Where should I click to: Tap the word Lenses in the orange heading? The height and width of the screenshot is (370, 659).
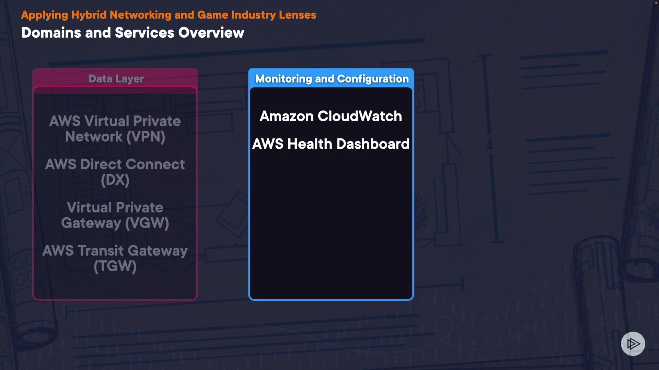coord(297,15)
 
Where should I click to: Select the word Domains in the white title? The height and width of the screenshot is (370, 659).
coord(51,33)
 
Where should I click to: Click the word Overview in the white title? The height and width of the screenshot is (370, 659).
coord(211,33)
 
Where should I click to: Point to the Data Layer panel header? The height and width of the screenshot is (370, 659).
coord(116,79)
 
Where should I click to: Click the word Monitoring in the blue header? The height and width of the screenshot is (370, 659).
coord(283,79)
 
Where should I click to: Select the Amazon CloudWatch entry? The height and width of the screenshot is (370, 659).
coord(331,116)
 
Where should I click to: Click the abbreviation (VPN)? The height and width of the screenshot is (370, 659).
coord(146,137)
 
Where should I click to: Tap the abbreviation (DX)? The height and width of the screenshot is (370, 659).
coord(115,180)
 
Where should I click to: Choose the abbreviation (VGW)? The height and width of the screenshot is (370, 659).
coord(147,223)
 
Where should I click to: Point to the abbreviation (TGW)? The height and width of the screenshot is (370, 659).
coord(115,267)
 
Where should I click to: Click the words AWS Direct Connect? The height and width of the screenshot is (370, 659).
coord(115,164)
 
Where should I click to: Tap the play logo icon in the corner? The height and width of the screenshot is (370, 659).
coord(633,344)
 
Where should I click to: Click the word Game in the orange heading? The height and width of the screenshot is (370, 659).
coord(212,15)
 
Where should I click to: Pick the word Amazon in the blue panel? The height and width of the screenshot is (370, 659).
coord(287,116)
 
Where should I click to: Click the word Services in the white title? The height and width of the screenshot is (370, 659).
coord(144,33)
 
